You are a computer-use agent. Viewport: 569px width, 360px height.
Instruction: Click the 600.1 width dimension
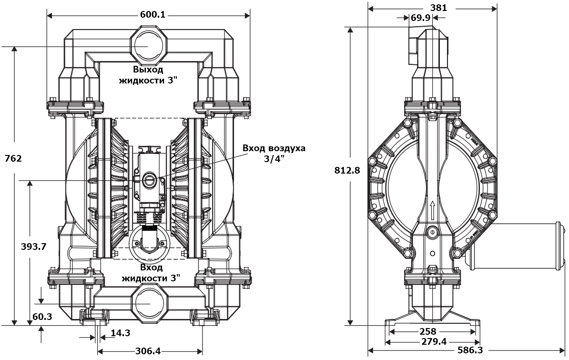[152, 15]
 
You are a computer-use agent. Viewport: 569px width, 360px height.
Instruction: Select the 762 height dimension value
[13, 158]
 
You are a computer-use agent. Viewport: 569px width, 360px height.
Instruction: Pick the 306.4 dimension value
[148, 351]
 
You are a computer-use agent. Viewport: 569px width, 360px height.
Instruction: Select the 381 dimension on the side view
[438, 8]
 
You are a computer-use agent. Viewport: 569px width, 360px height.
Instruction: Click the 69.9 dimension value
[420, 18]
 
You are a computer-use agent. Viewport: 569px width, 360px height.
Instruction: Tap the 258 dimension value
[428, 331]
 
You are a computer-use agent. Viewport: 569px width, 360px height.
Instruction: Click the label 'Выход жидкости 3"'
[148, 75]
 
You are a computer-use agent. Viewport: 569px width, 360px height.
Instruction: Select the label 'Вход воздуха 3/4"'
[274, 153]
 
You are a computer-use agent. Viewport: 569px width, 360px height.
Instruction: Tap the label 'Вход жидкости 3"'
[151, 272]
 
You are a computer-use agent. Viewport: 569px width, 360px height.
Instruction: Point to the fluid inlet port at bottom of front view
[149, 303]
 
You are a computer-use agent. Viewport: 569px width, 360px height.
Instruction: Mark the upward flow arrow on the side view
[432, 208]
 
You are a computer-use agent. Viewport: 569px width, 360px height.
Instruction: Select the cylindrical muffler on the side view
[515, 245]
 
